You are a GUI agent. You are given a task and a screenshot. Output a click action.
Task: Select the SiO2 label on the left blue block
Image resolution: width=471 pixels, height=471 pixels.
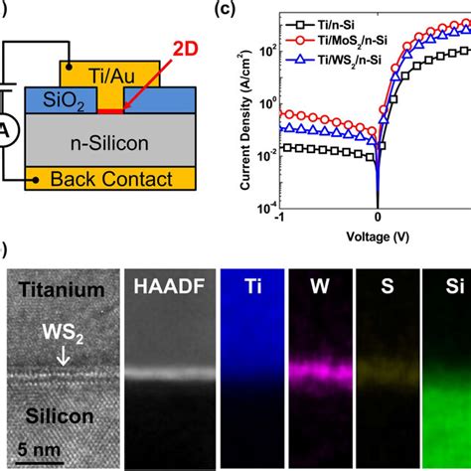pyautogui.click(x=40, y=98)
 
